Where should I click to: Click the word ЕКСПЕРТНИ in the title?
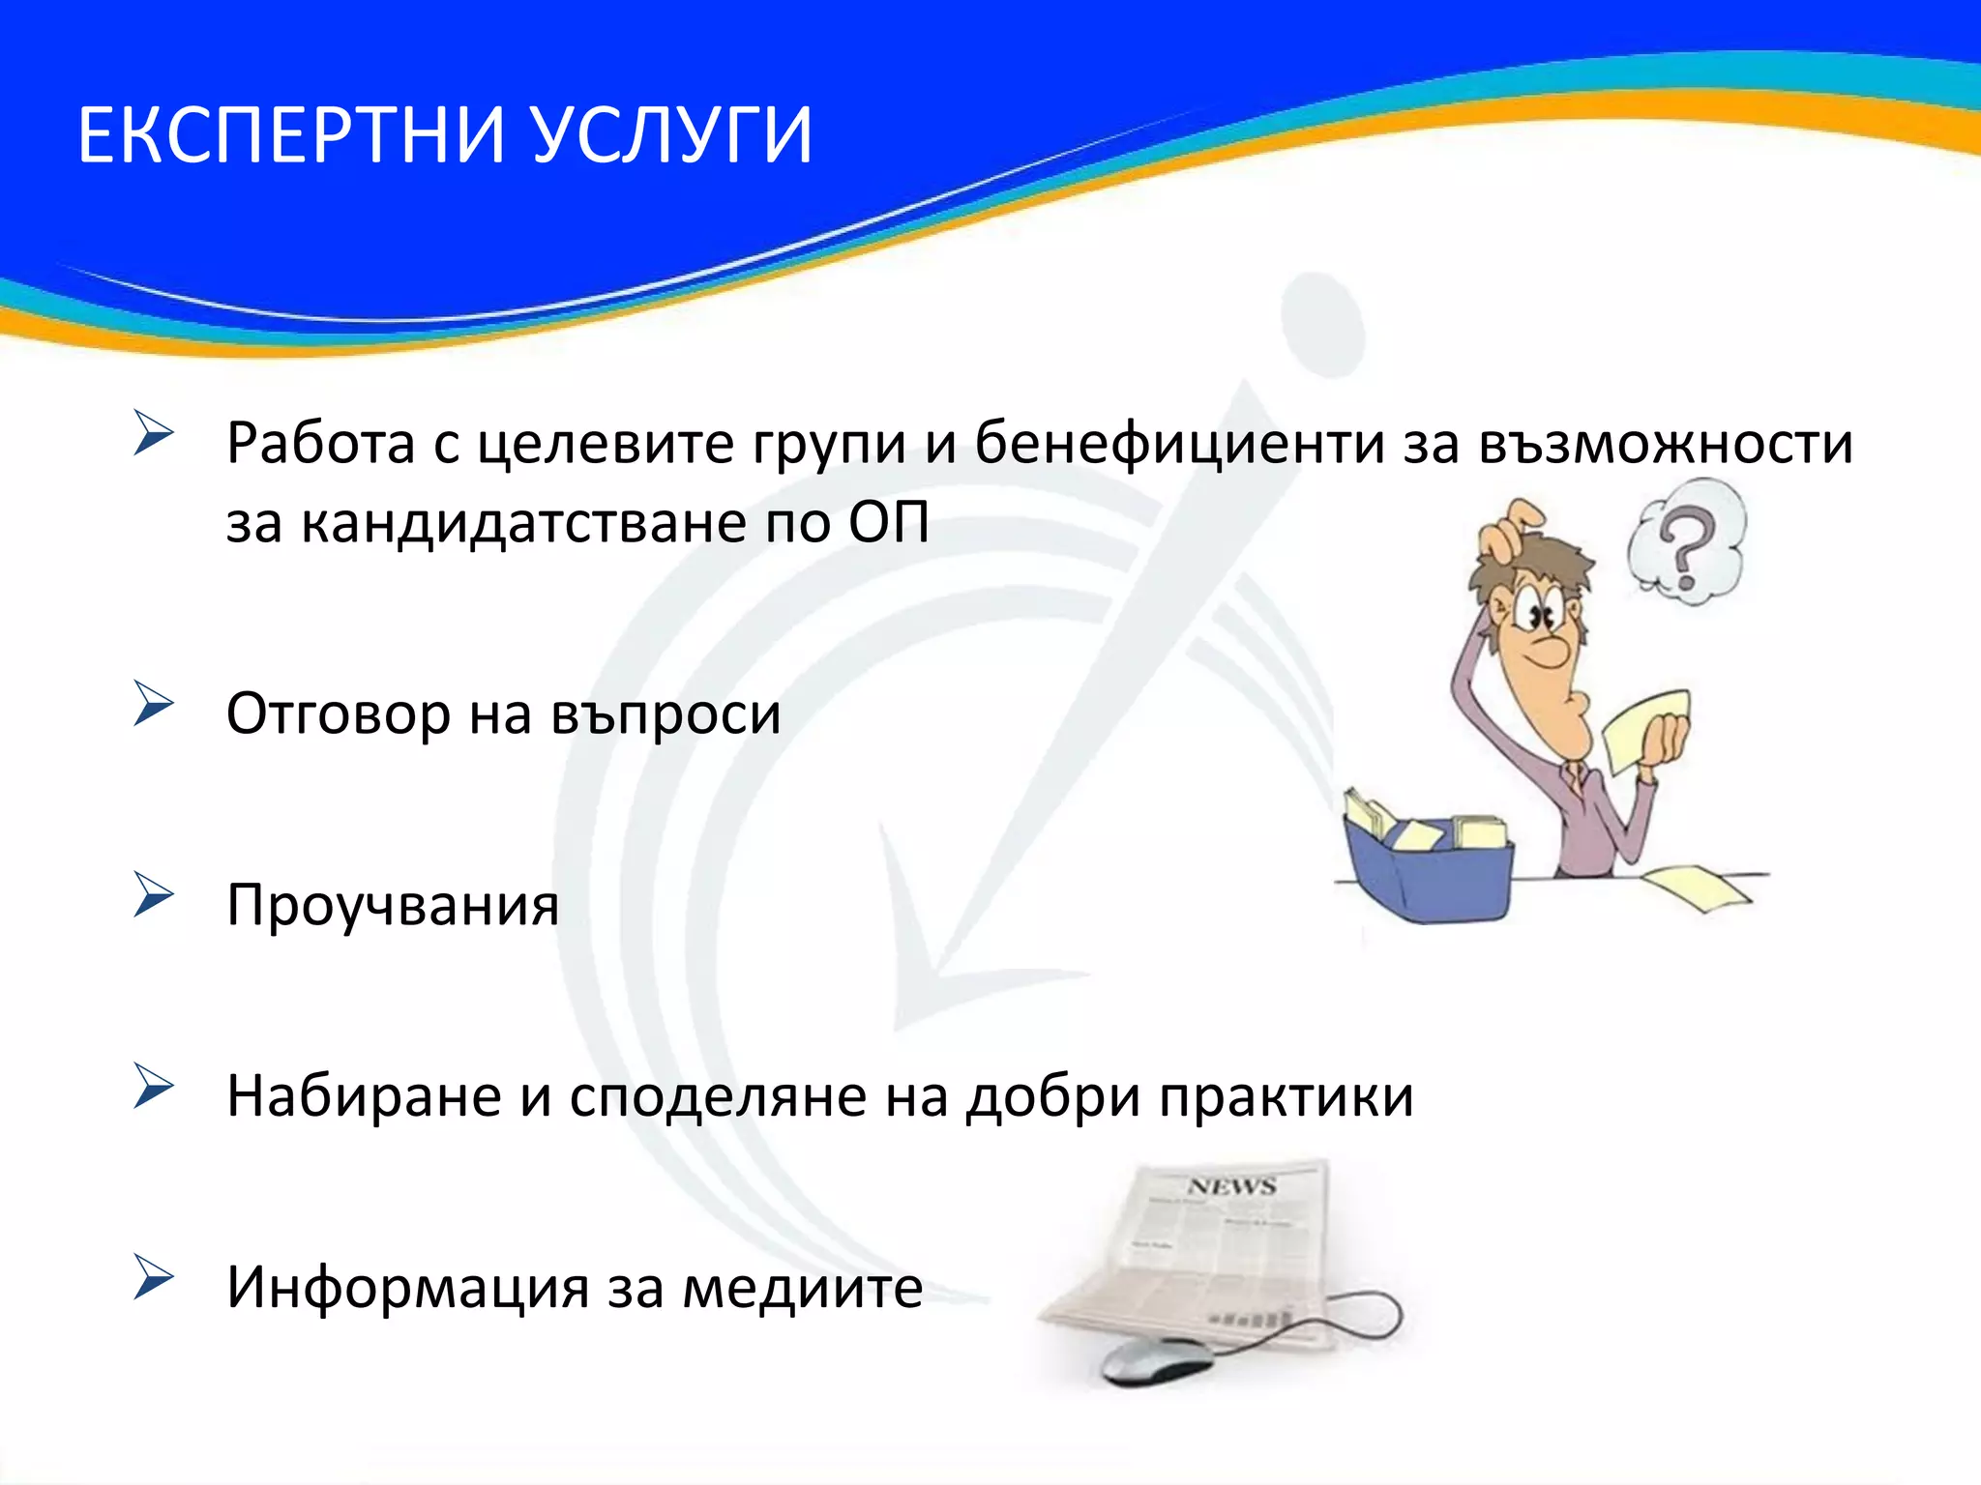pos(290,135)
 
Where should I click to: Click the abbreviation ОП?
pos(888,523)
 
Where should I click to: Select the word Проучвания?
pos(392,906)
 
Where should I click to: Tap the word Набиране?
pos(363,1096)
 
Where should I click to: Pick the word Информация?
pos(406,1288)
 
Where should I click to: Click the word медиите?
pos(802,1288)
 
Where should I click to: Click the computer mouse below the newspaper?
pos(1156,1360)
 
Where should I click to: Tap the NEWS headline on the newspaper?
pos(1232,1186)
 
